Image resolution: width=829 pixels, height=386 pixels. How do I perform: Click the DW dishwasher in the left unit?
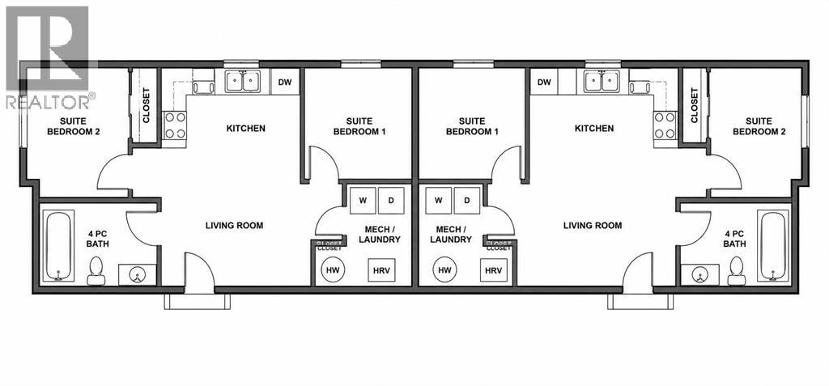(x=286, y=82)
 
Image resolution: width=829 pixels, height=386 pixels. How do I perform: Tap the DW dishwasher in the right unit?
(x=544, y=82)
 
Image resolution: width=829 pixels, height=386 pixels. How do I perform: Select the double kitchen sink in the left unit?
(x=242, y=82)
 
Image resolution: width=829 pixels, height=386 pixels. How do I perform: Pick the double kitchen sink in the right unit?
(x=602, y=82)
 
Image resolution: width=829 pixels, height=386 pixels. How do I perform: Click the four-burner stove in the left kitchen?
(x=174, y=125)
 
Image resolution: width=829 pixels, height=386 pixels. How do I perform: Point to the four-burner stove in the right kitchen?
(x=665, y=125)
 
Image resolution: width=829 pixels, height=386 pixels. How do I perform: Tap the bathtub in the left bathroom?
(x=57, y=246)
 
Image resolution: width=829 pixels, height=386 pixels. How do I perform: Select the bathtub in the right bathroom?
(x=773, y=246)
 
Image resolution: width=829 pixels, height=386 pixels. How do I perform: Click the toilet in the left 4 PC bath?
(x=96, y=271)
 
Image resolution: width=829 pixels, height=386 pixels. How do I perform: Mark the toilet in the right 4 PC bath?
(x=737, y=271)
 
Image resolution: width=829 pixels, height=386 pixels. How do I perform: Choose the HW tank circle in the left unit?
(x=333, y=269)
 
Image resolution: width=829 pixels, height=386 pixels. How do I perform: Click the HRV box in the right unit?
(x=493, y=270)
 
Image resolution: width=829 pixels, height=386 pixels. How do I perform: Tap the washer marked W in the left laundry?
(x=363, y=201)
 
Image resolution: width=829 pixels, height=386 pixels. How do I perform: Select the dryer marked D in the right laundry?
(x=467, y=201)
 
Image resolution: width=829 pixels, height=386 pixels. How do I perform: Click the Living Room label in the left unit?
(x=234, y=226)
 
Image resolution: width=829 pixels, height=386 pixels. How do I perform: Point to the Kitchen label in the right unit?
(x=594, y=128)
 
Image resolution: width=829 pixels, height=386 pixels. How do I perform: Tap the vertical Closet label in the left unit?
(x=147, y=104)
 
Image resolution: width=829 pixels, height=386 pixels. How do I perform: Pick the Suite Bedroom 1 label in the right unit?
(x=472, y=126)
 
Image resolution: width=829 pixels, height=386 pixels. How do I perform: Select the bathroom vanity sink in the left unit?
(x=137, y=275)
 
